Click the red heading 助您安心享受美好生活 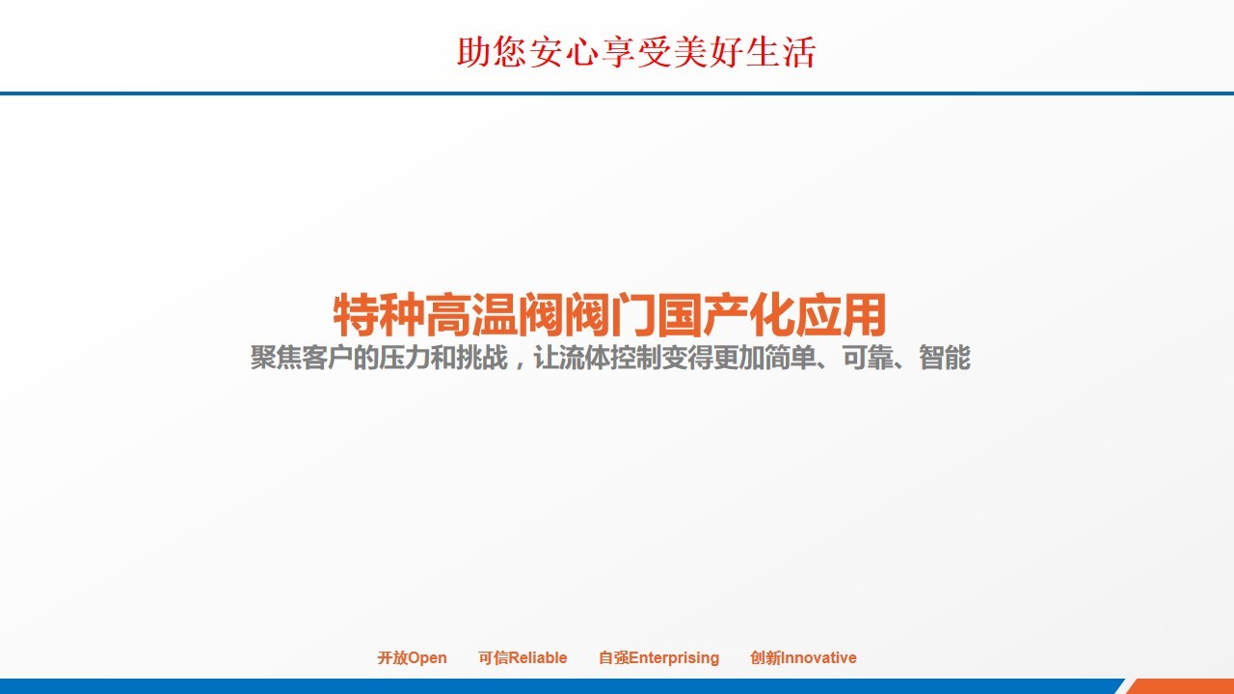coord(636,52)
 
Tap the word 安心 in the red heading coord(564,52)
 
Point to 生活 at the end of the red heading coord(781,52)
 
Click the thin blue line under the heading coord(617,93)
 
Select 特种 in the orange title coord(379,314)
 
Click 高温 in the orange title coord(471,314)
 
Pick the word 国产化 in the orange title coord(725,314)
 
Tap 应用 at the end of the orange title coord(840,314)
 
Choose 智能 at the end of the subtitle coord(944,358)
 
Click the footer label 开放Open coord(412,657)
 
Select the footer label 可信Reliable coord(523,657)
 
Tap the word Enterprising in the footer coord(674,658)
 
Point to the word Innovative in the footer coord(818,657)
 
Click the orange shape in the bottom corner coord(1185,687)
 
